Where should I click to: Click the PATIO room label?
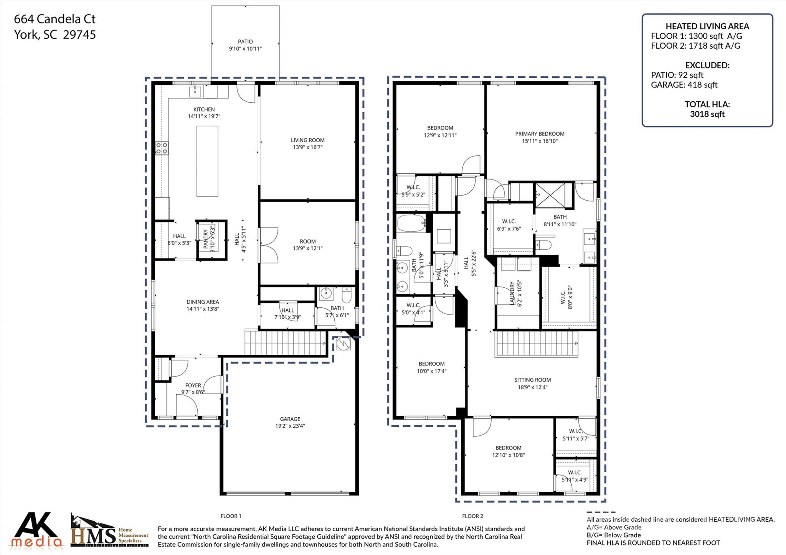[245, 41]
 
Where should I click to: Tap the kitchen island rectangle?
[207, 161]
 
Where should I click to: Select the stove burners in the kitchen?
[162, 148]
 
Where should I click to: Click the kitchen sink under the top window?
[195, 91]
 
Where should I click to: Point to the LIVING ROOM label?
[307, 140]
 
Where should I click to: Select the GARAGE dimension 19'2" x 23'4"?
[290, 426]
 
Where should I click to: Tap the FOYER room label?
[193, 385]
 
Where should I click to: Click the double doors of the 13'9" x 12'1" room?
[269, 245]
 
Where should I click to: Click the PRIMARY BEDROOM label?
[540, 134]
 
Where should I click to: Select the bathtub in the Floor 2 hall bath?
[411, 223]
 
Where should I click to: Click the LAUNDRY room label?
[512, 293]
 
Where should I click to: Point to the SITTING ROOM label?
[532, 380]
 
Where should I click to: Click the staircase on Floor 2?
[536, 344]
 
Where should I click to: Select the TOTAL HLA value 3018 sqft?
[707, 114]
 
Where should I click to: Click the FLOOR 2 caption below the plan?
[472, 516]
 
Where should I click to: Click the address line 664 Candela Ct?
[54, 19]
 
